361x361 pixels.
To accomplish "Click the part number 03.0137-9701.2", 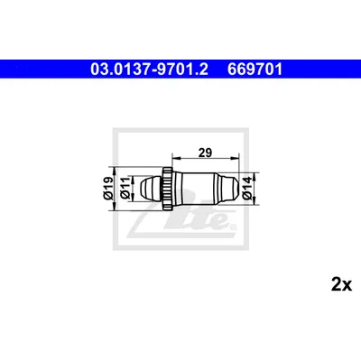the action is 149,69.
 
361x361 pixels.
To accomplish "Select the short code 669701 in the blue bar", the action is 255,69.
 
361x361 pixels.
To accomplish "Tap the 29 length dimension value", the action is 206,153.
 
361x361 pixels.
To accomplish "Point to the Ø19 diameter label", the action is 107,189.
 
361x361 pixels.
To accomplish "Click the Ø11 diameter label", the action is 125,189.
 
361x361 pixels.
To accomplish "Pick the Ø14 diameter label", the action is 247,189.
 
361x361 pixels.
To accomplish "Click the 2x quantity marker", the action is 341,284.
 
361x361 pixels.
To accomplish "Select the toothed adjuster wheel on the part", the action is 168,189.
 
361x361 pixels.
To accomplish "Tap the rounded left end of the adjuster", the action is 152,189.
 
